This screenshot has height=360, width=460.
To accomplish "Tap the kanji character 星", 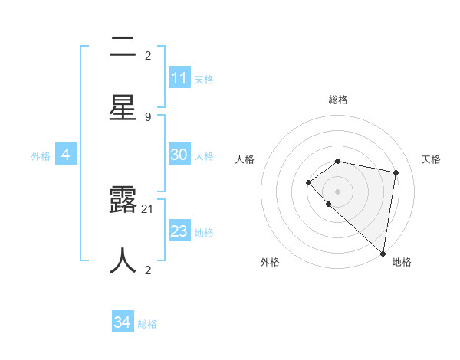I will click(x=123, y=108).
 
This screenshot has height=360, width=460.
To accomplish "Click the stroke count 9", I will click(x=148, y=116).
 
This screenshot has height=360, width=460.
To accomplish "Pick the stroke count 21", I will click(x=148, y=208).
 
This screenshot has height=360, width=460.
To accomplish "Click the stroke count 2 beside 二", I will click(x=148, y=55).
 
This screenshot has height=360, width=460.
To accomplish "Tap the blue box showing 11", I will click(x=179, y=78).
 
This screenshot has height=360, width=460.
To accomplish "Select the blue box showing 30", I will click(x=179, y=155).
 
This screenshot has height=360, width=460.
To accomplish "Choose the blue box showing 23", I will click(x=179, y=231).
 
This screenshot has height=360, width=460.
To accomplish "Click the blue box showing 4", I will click(x=66, y=155).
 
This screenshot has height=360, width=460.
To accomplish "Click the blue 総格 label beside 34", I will click(x=147, y=324).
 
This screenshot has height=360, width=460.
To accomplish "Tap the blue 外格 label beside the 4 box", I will click(x=41, y=155).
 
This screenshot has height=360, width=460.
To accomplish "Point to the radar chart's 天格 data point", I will click(x=396, y=172).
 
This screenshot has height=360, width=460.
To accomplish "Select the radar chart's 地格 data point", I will click(x=383, y=254).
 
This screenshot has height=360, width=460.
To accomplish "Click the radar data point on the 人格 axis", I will click(x=308, y=182).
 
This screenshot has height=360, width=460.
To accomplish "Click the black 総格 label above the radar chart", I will click(x=337, y=100).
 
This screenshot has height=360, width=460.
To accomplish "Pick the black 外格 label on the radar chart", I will click(x=270, y=262).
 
